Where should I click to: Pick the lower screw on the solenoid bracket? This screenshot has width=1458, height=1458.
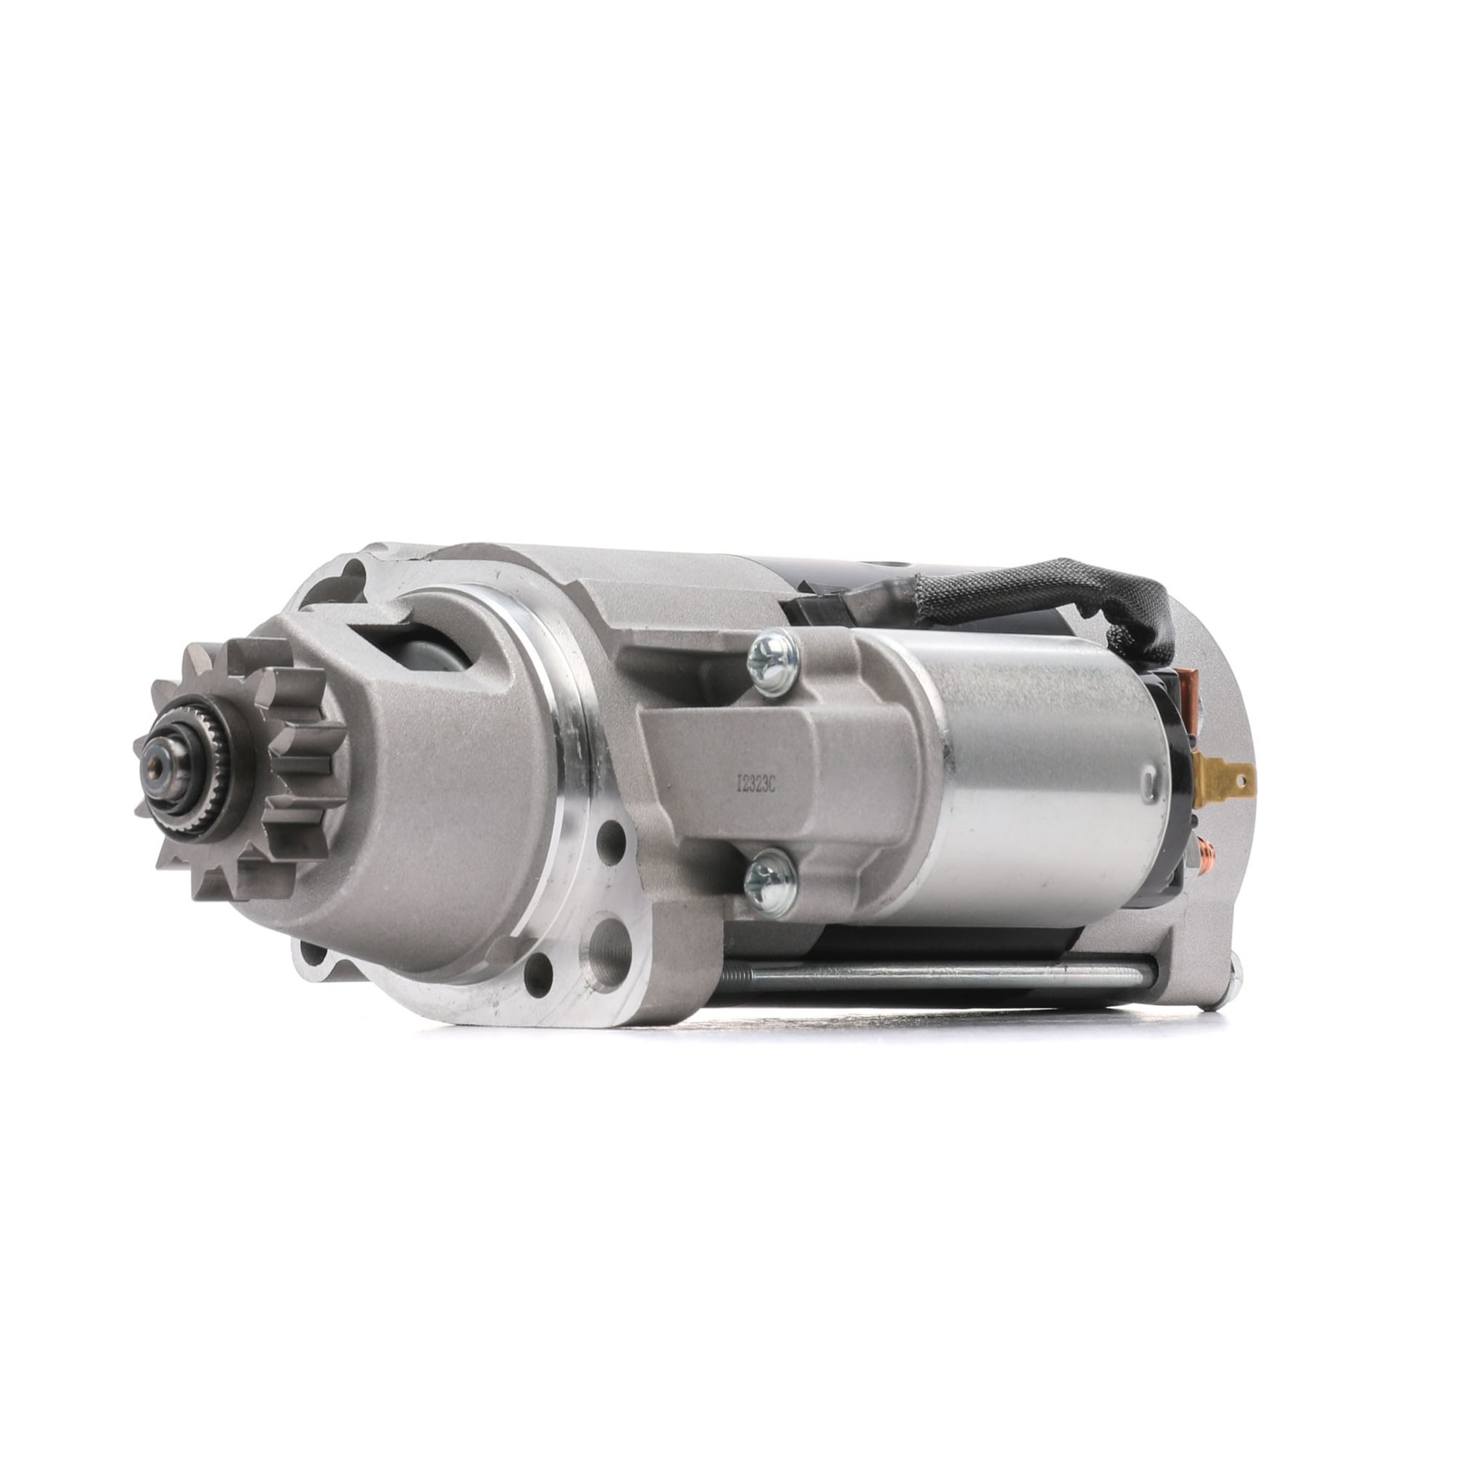coord(771,881)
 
